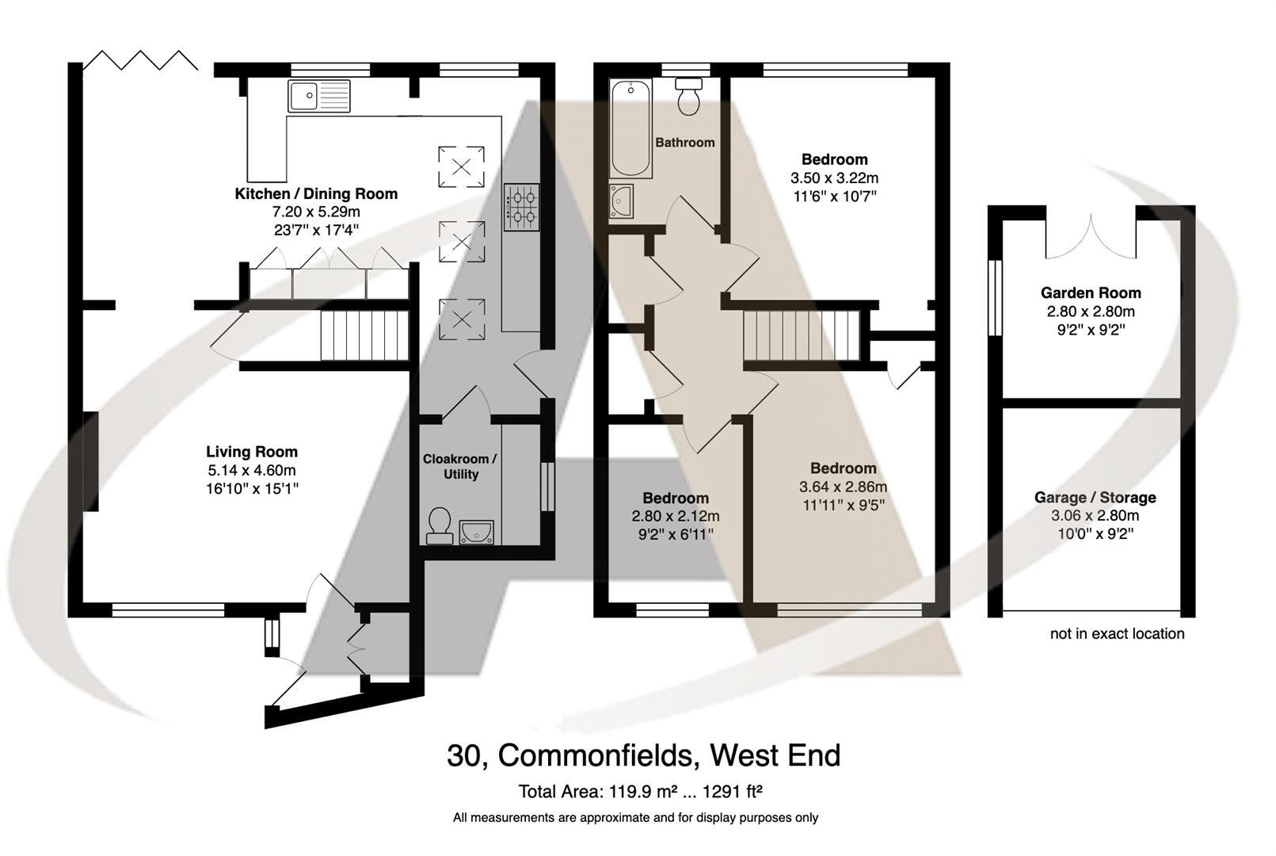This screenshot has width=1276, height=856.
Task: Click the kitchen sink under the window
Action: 318,96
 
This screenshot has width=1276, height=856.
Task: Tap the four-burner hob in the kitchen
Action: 522,207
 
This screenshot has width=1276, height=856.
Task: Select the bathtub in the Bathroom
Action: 630,128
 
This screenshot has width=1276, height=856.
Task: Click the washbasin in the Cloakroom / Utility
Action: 476,531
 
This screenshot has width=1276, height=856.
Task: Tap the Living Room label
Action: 252,452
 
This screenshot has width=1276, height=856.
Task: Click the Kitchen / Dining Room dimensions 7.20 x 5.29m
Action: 316,212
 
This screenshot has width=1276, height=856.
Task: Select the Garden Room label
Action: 1091,292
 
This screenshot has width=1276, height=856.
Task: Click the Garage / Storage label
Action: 1095,498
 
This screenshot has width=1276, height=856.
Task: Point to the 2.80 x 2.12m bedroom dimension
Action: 675,517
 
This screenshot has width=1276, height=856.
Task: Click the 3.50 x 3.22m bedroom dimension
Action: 834,178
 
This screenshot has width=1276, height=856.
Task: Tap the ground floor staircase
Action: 364,336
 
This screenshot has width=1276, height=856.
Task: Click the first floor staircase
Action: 801,335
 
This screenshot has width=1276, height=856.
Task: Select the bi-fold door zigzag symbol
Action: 140,60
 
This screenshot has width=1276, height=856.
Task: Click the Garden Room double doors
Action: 1091,236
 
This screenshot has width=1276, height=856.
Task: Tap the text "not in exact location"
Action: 1117,633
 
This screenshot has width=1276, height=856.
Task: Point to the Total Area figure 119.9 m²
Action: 640,791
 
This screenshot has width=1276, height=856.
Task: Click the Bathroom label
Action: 684,143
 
